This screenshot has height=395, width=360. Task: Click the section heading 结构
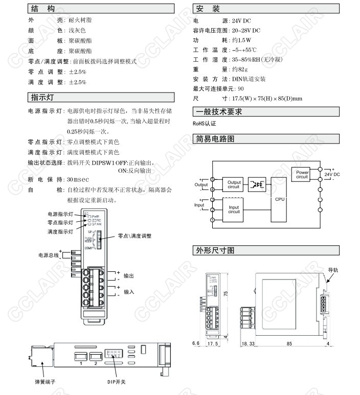(41, 9)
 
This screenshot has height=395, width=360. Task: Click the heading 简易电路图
(215, 139)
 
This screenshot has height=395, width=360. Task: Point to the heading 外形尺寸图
(215, 250)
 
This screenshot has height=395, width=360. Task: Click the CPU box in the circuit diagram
(279, 199)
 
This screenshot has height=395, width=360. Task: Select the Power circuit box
(302, 174)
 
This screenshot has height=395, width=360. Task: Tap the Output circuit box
(234, 184)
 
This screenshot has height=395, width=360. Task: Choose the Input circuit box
(234, 210)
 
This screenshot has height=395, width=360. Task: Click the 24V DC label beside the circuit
(332, 174)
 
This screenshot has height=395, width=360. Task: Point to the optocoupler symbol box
(256, 184)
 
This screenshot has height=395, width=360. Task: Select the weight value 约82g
(239, 69)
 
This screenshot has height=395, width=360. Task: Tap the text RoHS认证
(205, 123)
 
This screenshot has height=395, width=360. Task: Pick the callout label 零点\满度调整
(134, 236)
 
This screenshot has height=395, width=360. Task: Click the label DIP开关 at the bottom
(116, 382)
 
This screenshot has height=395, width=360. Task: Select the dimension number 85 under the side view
(289, 344)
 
